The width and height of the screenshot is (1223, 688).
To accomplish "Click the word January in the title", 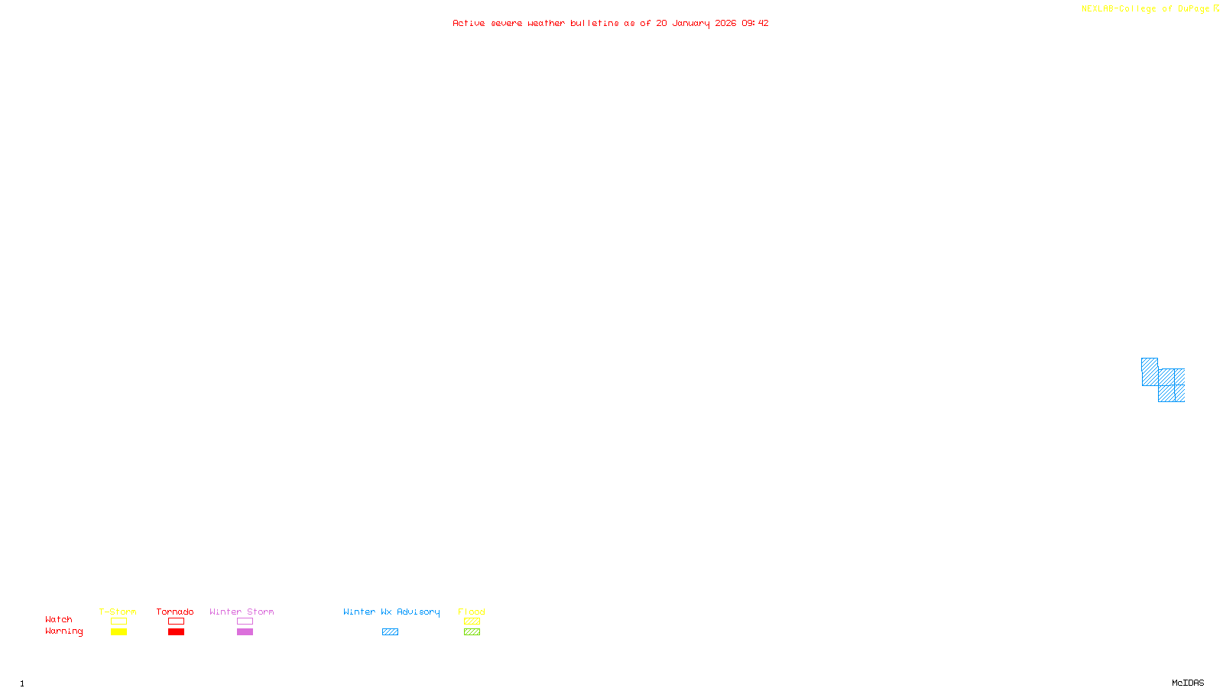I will [691, 23].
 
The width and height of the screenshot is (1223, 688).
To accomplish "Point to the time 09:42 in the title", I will [754, 23].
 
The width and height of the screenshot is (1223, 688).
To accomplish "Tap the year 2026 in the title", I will [725, 23].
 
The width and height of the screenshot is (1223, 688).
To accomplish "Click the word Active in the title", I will [469, 23].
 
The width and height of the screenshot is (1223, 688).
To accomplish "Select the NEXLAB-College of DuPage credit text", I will [1145, 9].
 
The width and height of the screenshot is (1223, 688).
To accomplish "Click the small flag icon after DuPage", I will [1216, 8].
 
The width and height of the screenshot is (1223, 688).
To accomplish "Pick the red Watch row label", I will [59, 619].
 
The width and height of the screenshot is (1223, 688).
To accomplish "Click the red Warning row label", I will [63, 631].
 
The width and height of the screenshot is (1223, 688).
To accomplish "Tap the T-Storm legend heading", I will [118, 612].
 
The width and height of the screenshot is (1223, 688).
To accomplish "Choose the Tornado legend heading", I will [175, 612].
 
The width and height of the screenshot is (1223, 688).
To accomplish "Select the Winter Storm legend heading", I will [242, 612].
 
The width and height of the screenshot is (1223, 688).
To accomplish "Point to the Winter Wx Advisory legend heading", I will [391, 612].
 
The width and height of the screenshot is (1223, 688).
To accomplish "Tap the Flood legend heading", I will [472, 612].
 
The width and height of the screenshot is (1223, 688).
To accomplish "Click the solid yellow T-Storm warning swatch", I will [118, 632].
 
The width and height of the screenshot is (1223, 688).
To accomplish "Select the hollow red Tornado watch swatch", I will [176, 621].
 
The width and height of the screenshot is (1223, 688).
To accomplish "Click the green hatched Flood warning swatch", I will [472, 632].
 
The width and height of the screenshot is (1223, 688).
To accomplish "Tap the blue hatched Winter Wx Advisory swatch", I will [390, 632].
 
